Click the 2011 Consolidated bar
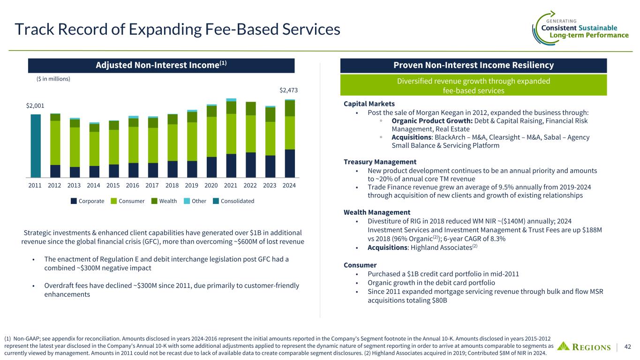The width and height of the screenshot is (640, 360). (36, 146)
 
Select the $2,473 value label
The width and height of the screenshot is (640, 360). (289, 90)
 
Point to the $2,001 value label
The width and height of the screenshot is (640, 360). (35, 106)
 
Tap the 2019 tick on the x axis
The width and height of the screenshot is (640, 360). (191, 185)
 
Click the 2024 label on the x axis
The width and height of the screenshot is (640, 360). (289, 185)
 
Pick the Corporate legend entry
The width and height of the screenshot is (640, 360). (88, 201)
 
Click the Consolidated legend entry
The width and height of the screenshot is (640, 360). (234, 201)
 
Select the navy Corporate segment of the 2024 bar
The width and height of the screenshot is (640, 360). (290, 164)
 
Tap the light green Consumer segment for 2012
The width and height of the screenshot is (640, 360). (55, 143)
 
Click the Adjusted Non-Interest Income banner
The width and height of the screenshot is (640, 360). (161, 65)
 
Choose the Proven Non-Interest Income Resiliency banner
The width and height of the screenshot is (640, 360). (473, 65)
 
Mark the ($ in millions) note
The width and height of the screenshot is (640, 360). (53, 79)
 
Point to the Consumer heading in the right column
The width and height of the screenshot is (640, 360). (360, 265)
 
